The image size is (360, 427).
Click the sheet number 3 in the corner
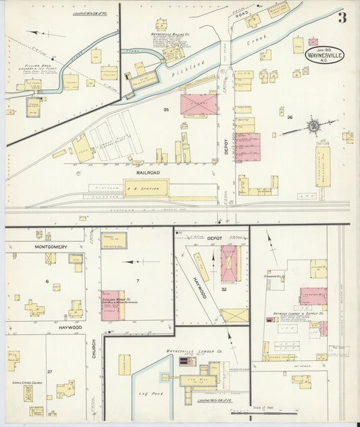point(342,18)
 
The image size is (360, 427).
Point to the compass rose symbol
point(313,124)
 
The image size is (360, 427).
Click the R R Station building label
point(147,188)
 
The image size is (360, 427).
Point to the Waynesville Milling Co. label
point(169,32)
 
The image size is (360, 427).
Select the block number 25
point(165,109)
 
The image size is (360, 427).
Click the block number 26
point(290,117)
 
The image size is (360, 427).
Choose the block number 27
point(49,372)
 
